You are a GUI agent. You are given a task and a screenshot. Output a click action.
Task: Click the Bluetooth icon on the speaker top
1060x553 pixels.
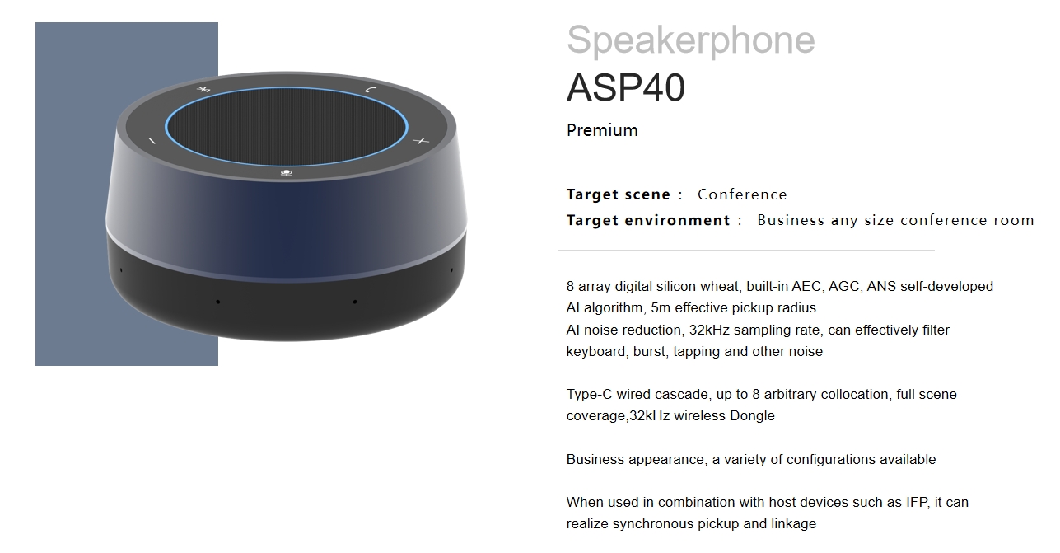coord(204,89)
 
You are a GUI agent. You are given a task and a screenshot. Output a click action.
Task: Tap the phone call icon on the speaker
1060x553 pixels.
coord(371,90)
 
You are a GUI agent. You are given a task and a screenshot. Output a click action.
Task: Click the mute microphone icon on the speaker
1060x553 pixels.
coord(287,173)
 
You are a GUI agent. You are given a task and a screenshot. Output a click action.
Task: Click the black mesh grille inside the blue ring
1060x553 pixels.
coord(287,127)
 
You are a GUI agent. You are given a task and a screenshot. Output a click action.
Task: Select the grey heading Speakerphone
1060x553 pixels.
coord(691,40)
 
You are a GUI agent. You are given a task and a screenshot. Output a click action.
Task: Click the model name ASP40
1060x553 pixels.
coord(626,87)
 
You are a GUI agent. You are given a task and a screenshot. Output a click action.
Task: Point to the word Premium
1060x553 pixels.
coord(602,130)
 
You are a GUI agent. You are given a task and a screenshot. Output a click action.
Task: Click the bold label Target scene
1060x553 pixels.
coord(618,194)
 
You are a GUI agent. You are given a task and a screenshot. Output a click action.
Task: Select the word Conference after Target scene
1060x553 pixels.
coord(742,194)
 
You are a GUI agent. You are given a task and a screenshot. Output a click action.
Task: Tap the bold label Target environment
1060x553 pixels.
coord(648,220)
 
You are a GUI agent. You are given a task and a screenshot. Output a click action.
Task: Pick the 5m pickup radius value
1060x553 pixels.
coord(658,307)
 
